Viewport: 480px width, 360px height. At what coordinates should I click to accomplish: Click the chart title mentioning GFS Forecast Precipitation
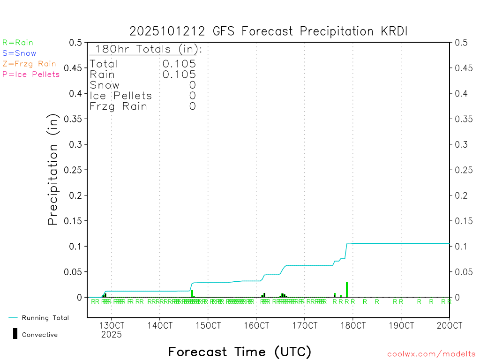click(269, 31)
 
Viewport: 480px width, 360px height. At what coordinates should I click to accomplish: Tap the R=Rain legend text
click(18, 43)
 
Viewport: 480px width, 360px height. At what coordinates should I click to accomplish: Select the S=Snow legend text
click(19, 53)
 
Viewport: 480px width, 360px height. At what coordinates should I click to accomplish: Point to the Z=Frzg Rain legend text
click(29, 64)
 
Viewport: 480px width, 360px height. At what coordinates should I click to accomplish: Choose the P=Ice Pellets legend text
click(31, 74)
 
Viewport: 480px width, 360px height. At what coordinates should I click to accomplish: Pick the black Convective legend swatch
click(15, 334)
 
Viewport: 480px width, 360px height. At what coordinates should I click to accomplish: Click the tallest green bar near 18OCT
click(347, 289)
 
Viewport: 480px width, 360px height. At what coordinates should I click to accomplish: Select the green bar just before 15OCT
click(192, 293)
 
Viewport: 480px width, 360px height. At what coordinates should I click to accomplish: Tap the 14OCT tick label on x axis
click(159, 325)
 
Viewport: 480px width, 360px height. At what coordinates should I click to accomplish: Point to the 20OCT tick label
click(449, 325)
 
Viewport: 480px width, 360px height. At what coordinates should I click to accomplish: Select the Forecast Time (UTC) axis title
click(240, 352)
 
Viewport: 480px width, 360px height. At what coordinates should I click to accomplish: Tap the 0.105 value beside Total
click(179, 64)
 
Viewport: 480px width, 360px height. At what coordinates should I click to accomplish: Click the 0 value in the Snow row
click(192, 85)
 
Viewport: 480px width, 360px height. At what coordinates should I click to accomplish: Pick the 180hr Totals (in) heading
click(146, 49)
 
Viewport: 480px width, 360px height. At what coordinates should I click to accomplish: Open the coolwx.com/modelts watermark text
click(431, 354)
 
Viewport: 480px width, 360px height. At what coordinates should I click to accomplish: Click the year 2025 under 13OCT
click(111, 334)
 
